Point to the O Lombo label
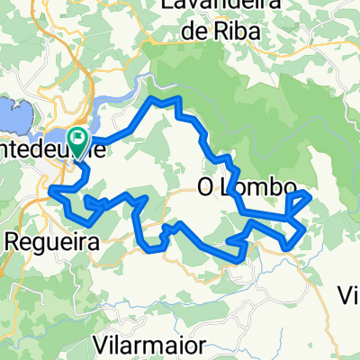pyautogui.click(x=246, y=189)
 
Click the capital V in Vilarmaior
pyautogui.click(x=101, y=345)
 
